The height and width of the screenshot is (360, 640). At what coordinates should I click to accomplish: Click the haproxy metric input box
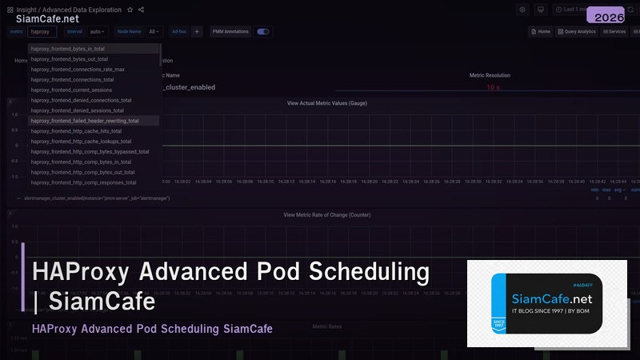click(x=42, y=32)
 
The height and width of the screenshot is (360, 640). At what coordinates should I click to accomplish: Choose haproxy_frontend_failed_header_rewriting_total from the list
click(x=84, y=121)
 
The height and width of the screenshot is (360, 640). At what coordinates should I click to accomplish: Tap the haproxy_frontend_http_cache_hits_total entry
click(x=76, y=131)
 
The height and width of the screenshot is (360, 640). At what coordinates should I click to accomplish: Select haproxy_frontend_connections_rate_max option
click(x=77, y=70)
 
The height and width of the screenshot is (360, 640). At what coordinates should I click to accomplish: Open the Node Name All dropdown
click(x=154, y=32)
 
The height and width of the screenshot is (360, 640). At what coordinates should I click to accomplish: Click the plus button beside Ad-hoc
click(x=197, y=32)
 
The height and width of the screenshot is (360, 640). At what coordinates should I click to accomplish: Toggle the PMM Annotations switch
click(x=262, y=32)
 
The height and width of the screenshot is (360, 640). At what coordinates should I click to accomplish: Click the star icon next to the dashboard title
click(x=130, y=10)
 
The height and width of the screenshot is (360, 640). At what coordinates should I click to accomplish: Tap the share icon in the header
click(x=141, y=10)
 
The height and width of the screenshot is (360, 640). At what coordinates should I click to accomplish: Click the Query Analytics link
click(x=577, y=32)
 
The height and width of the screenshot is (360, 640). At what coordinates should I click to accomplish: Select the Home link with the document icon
click(x=542, y=32)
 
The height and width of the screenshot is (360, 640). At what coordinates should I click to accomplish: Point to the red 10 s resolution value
click(x=494, y=87)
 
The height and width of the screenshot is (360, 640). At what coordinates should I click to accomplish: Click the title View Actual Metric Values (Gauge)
click(x=326, y=103)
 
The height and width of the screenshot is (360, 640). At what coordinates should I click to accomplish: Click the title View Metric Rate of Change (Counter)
click(x=326, y=214)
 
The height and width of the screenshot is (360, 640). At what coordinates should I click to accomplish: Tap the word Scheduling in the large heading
click(x=371, y=272)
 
